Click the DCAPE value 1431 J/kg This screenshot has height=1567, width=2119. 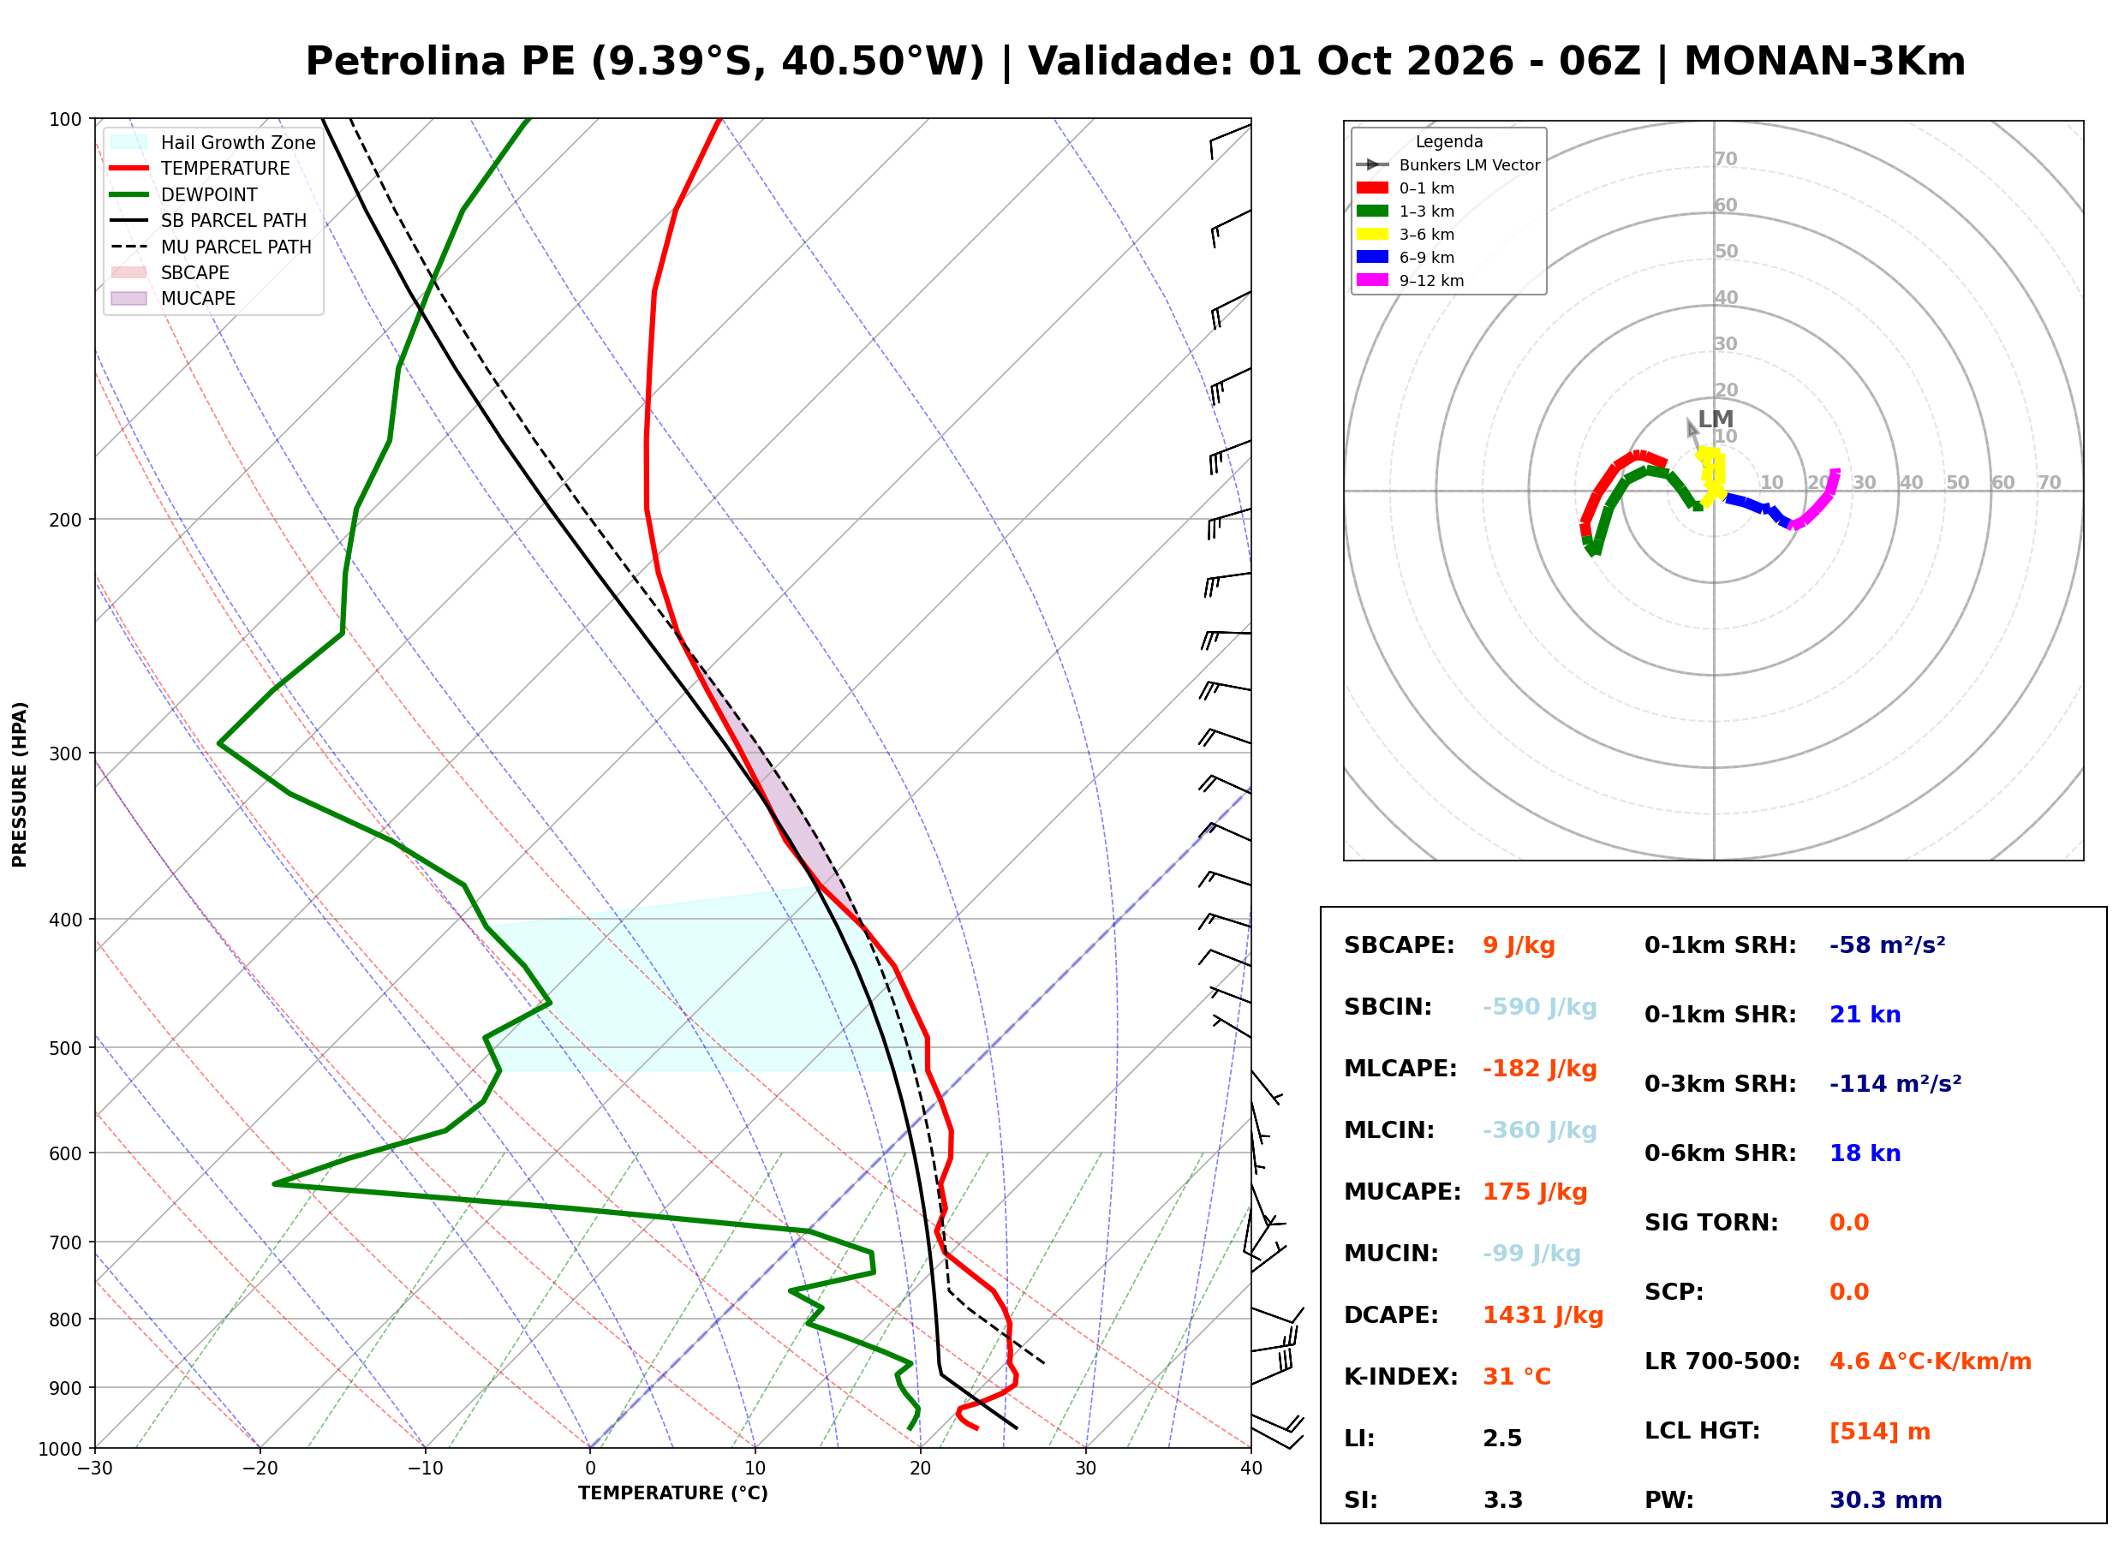1543,1315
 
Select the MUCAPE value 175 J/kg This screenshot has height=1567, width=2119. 1535,1192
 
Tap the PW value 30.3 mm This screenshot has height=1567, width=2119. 1886,1500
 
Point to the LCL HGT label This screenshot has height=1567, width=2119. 1702,1432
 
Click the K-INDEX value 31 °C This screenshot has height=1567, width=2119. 1517,1377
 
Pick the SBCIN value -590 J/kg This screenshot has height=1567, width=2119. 1539,1007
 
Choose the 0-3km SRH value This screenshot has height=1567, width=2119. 1895,1084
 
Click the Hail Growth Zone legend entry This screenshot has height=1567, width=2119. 212,142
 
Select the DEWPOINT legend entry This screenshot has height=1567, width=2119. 184,194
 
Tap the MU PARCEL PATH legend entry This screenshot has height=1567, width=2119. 211,247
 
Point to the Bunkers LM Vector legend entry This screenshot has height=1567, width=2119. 1447,165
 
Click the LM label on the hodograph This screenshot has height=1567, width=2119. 1716,420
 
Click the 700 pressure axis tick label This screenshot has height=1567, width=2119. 65,1243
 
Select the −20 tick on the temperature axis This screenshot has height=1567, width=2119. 260,1469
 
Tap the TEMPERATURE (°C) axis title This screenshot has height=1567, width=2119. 673,1494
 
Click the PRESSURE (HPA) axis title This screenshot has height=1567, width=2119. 20,784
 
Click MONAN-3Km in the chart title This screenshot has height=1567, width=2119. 1824,62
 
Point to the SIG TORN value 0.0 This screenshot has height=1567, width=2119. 1848,1223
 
